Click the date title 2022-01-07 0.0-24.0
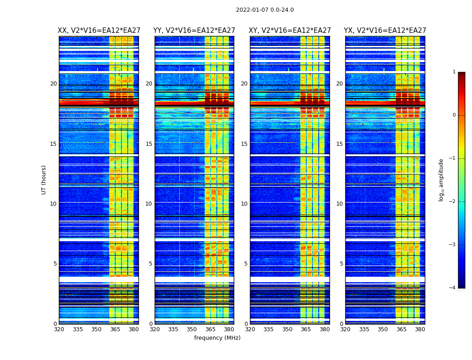pos(265,10)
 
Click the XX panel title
pos(99,31)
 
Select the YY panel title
pos(194,31)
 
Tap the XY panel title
pos(290,31)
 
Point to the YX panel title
pos(385,31)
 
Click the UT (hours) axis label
pos(44,180)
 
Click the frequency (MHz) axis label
pos(217,338)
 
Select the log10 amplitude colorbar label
pos(441,180)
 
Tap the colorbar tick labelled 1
pos(454,72)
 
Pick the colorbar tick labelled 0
pos(454,115)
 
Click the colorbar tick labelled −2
pos(453,202)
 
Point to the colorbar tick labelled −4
pos(453,288)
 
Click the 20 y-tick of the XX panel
pos(53,84)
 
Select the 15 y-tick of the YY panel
pos(149,144)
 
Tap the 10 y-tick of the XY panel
pos(244,204)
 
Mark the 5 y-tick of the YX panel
pos(341,264)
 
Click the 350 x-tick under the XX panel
pos(97,329)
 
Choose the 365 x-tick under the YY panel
pos(210,329)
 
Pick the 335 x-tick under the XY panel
pos(269,329)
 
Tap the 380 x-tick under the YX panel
pos(420,329)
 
